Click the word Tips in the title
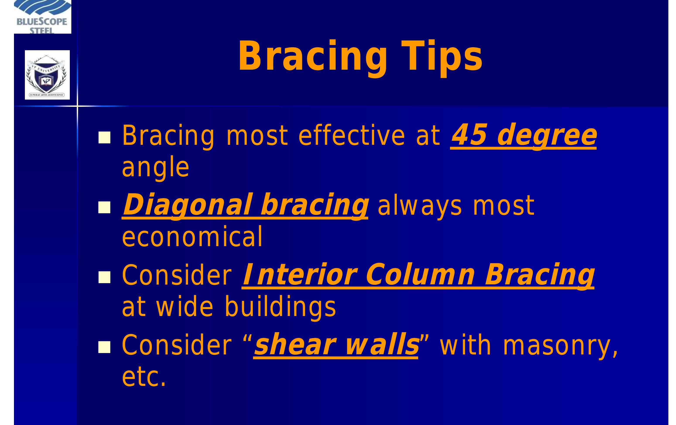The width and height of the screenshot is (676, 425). pos(442,56)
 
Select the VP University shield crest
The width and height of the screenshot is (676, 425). pos(47,75)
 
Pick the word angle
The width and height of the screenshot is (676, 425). pos(156,168)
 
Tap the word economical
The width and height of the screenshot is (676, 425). pos(192,237)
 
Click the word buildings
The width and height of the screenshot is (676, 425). pos(280,307)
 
